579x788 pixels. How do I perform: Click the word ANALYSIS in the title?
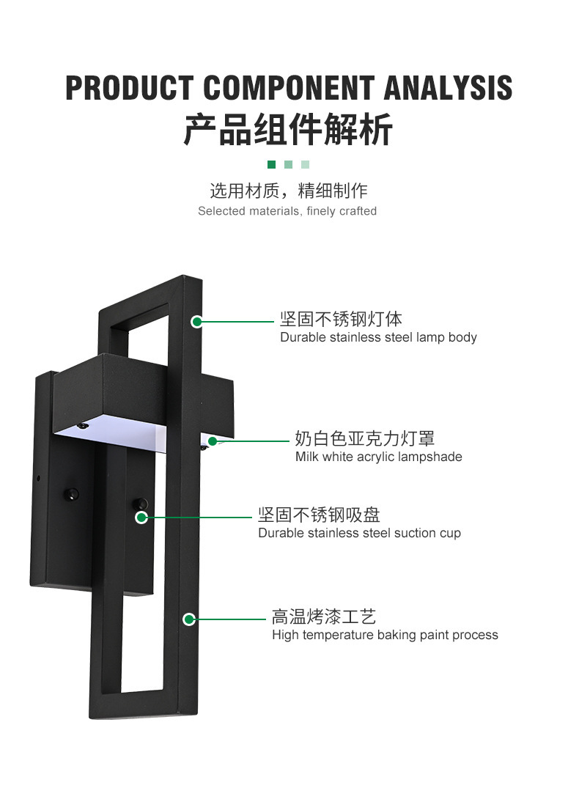pyautogui.click(x=449, y=88)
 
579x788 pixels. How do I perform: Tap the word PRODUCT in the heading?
pyautogui.click(x=130, y=88)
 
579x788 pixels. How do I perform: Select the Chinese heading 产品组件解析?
pyautogui.click(x=288, y=130)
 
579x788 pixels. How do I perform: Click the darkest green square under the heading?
pyautogui.click(x=271, y=165)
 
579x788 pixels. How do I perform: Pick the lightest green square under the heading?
pyautogui.click(x=305, y=165)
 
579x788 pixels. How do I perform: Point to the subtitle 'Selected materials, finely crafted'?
pyautogui.click(x=287, y=211)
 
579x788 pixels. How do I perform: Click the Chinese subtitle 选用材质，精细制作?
pyautogui.click(x=288, y=191)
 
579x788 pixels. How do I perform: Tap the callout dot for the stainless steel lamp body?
pyautogui.click(x=196, y=321)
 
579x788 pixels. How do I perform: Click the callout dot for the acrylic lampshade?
pyautogui.click(x=213, y=441)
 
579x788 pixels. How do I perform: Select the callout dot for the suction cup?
pyautogui.click(x=141, y=518)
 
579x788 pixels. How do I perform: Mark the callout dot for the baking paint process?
pyautogui.click(x=188, y=619)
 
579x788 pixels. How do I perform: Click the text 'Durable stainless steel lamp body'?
pyautogui.click(x=378, y=337)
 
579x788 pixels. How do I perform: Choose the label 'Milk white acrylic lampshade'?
pyautogui.click(x=378, y=457)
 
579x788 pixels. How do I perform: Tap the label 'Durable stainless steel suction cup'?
pyautogui.click(x=359, y=533)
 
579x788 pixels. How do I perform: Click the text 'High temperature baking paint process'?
pyautogui.click(x=385, y=635)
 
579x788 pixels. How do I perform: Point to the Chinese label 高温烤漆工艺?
pyautogui.click(x=323, y=616)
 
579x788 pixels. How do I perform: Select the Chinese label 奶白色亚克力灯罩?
pyautogui.click(x=364, y=438)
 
